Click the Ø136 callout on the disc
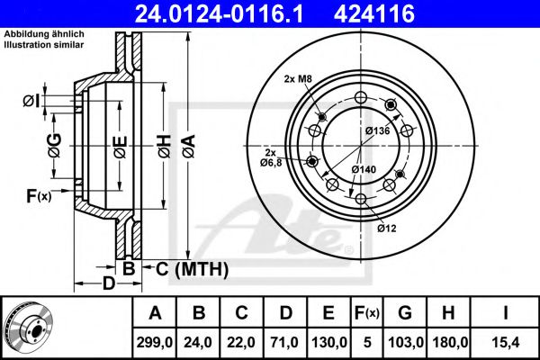coord(376,132)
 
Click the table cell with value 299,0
coord(155,342)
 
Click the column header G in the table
coord(404,314)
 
